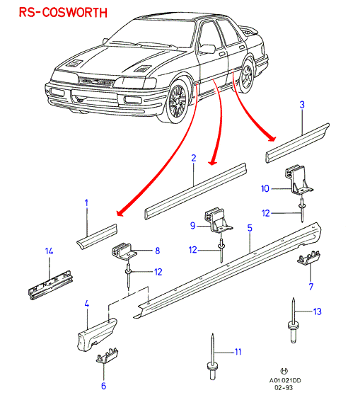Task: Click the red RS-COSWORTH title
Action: (x=63, y=12)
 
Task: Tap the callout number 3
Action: (x=302, y=105)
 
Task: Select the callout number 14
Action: (x=49, y=251)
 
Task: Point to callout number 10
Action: (x=265, y=189)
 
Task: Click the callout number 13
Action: (x=318, y=312)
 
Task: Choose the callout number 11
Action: (x=238, y=352)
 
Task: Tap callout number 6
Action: (x=103, y=386)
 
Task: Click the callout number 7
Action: (x=310, y=287)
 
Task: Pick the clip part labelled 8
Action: (x=124, y=251)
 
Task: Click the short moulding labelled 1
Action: (x=97, y=236)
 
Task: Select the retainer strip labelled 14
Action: (x=50, y=284)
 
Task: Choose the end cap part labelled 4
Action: (x=97, y=334)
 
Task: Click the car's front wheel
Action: (x=178, y=101)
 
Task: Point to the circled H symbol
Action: (x=284, y=371)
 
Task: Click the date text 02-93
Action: (x=284, y=388)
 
